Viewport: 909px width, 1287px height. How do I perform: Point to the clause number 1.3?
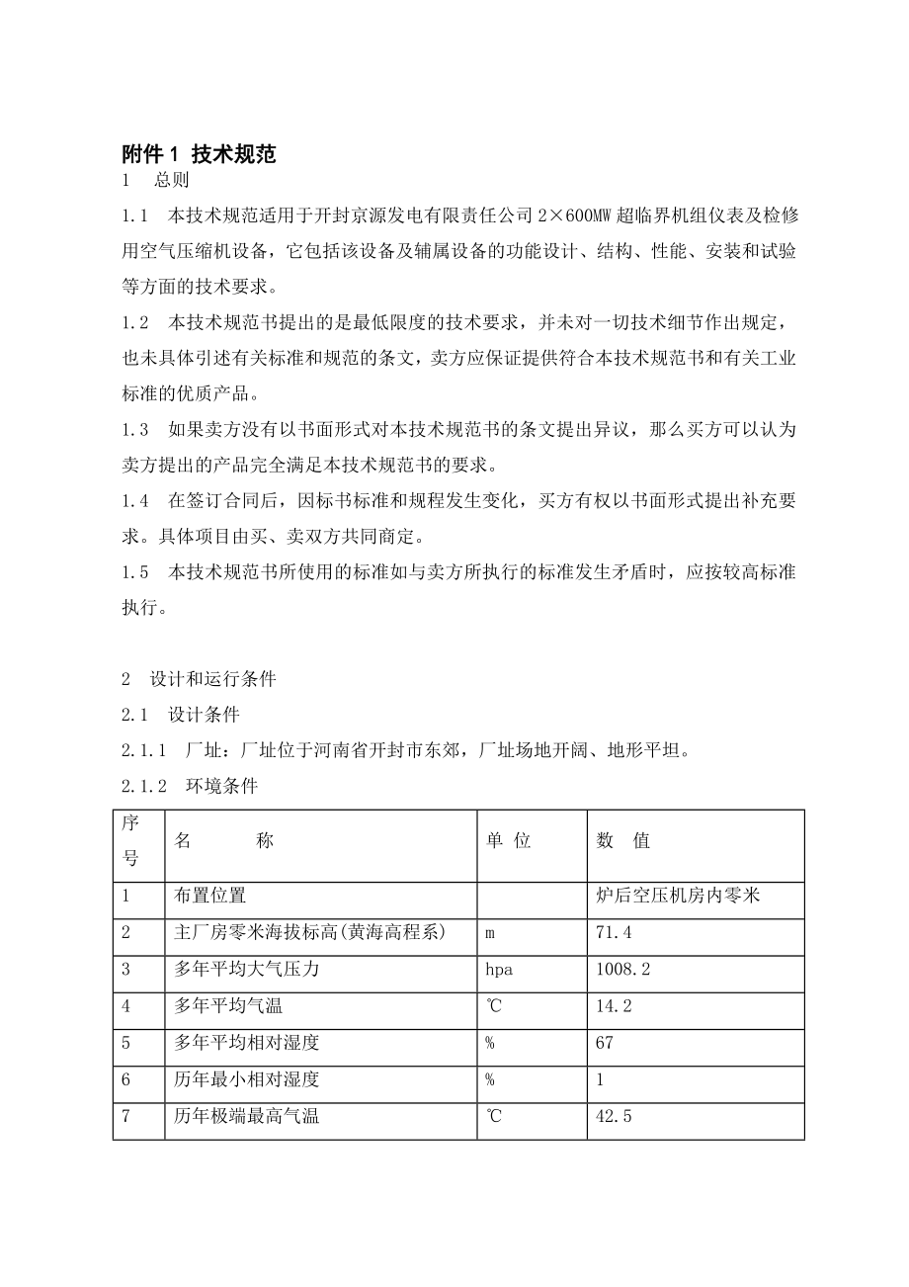[x=135, y=430]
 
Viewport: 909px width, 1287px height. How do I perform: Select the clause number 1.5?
[x=135, y=572]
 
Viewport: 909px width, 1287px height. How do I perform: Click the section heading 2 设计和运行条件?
[x=199, y=679]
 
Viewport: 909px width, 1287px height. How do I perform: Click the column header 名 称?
[x=224, y=840]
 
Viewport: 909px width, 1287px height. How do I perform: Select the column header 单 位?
[x=509, y=840]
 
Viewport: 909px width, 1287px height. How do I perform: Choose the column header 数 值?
[x=623, y=840]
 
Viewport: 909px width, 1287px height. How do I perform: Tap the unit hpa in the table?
[x=499, y=970]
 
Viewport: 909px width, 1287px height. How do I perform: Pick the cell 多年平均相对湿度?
[x=246, y=1043]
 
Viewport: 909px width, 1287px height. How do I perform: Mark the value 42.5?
[x=614, y=1117]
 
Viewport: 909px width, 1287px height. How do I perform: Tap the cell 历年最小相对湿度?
[x=246, y=1079]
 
